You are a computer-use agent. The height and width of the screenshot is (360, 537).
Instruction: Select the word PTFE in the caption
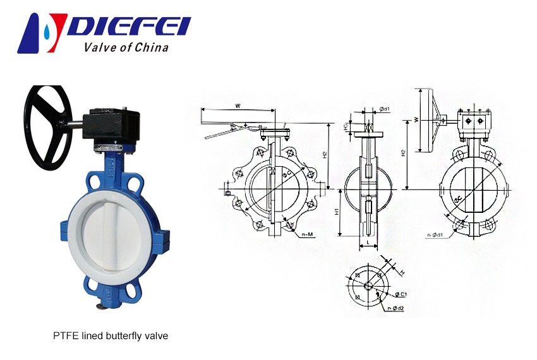pos(64,336)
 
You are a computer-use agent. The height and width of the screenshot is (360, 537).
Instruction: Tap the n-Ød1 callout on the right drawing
pos(435,236)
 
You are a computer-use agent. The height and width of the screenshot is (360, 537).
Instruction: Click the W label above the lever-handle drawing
pos(237,105)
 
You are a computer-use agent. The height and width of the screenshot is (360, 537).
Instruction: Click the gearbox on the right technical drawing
pos(474,124)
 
